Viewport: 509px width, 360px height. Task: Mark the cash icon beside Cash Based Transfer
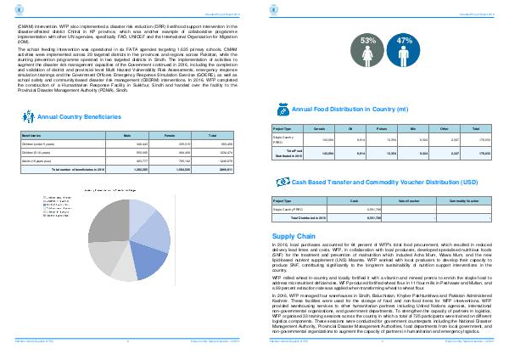click(x=282, y=183)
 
